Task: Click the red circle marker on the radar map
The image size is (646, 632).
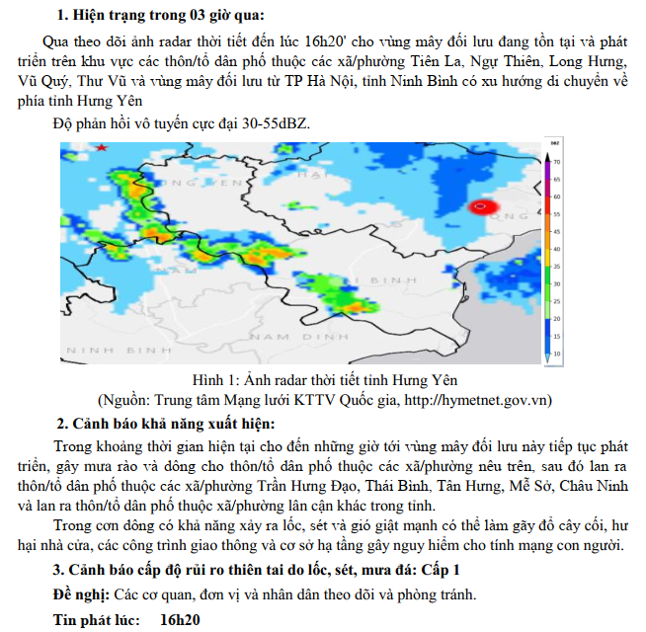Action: pyautogui.click(x=481, y=206)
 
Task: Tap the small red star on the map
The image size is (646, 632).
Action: pyautogui.click(x=101, y=147)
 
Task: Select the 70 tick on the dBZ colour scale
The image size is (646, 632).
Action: pyautogui.click(x=557, y=161)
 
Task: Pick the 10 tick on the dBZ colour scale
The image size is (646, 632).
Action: pyautogui.click(x=557, y=353)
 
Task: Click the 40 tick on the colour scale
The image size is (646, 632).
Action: pyautogui.click(x=557, y=250)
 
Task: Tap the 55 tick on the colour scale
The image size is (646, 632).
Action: pyautogui.click(x=557, y=213)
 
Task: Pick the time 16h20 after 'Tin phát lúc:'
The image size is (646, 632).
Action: pyautogui.click(x=179, y=619)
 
